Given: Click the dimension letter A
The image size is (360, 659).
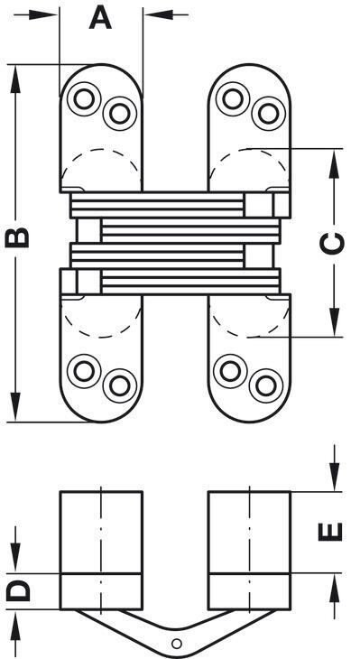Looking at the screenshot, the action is (100, 18).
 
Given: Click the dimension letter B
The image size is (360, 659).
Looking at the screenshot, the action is (17, 237).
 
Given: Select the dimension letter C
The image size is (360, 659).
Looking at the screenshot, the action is (332, 244).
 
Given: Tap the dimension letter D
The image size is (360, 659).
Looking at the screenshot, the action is (18, 590).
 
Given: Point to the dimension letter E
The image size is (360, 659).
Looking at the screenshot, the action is (330, 532).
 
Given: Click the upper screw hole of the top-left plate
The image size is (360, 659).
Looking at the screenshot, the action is (84, 98).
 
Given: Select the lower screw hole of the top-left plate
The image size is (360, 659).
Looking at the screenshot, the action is (120, 114).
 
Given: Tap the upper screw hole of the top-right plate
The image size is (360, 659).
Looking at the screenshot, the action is (233, 98).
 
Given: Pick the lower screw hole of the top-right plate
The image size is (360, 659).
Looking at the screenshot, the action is (269, 114).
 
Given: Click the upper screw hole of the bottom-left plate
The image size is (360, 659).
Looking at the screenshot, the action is (84, 371).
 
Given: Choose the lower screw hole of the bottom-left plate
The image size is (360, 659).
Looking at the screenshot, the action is (120, 385).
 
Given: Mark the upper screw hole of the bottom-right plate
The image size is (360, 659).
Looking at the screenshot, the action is (230, 371).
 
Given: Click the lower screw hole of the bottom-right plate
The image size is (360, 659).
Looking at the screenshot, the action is (266, 385).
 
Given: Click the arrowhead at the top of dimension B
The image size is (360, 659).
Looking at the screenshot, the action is (15, 79).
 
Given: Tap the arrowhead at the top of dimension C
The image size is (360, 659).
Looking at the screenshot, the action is (335, 164).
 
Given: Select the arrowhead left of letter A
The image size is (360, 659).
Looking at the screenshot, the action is (44, 14).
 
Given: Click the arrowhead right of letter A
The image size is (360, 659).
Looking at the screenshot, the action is (159, 14).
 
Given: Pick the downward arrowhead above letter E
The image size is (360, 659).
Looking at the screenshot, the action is (335, 476).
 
